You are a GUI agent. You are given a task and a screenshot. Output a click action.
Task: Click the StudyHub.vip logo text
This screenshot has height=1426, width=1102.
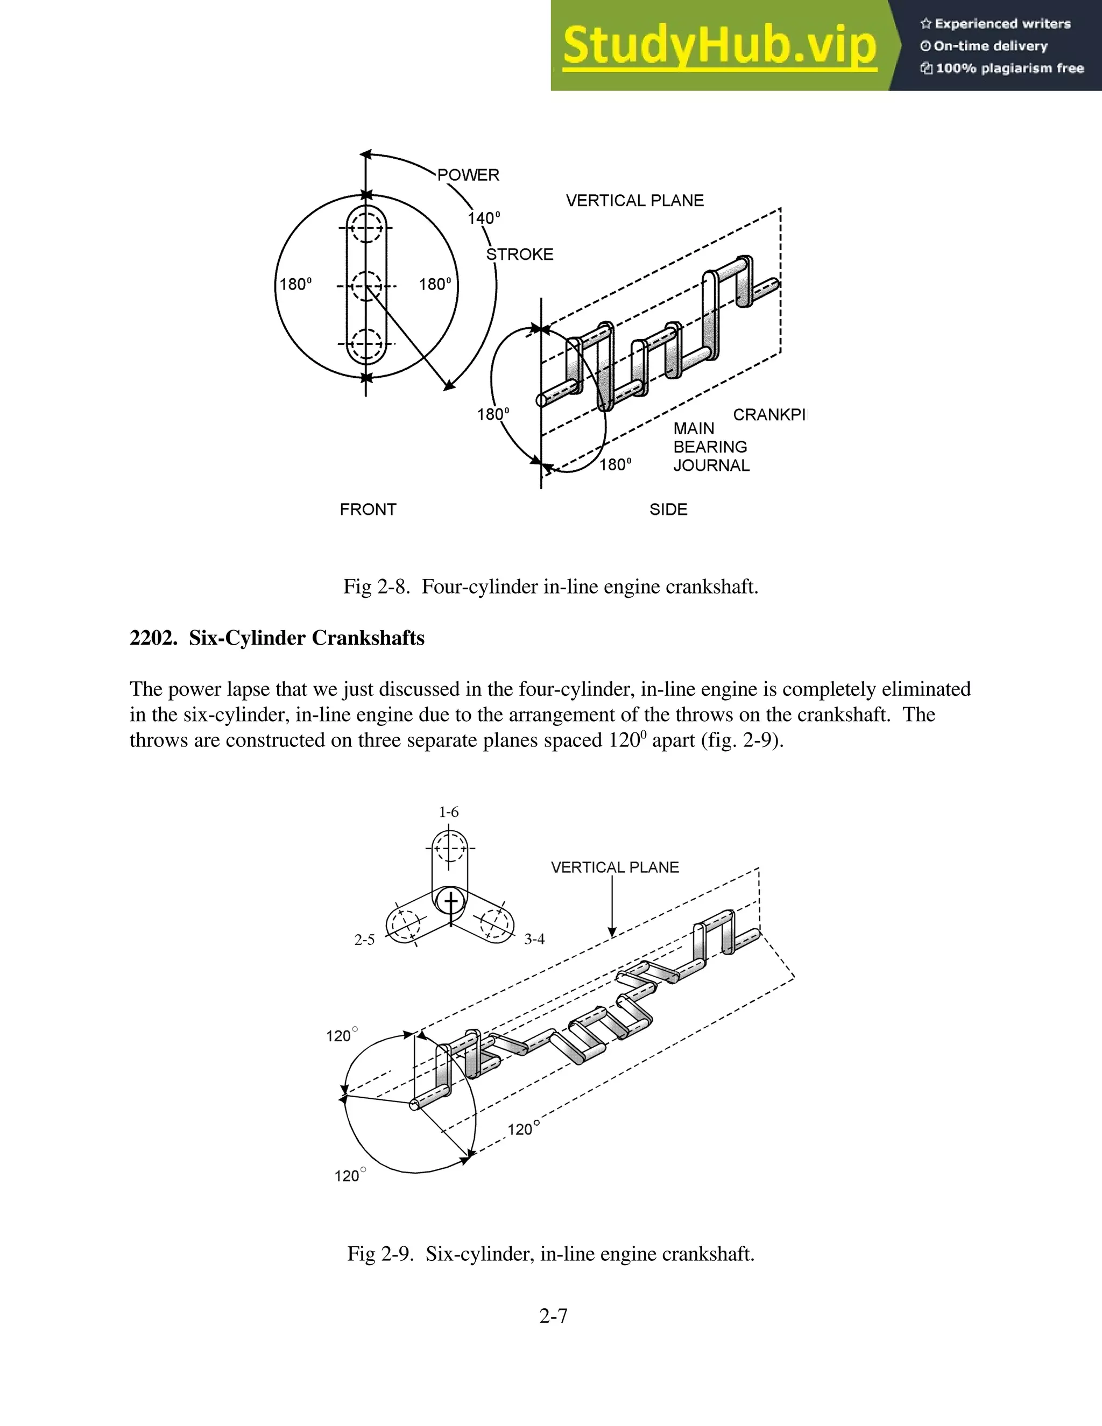click(x=719, y=46)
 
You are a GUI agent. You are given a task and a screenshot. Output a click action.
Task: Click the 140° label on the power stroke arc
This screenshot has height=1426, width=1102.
click(x=484, y=218)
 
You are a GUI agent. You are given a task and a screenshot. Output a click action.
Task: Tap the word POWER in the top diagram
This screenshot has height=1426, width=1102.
click(x=468, y=175)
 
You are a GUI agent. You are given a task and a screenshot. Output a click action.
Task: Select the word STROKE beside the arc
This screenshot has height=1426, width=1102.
click(x=520, y=255)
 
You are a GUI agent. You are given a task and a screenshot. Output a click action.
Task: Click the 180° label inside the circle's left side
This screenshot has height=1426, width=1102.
click(x=296, y=285)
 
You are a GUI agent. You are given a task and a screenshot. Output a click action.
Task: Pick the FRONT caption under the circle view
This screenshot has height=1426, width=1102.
click(x=368, y=509)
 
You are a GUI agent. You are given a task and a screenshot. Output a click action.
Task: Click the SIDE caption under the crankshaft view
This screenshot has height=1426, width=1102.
click(x=668, y=509)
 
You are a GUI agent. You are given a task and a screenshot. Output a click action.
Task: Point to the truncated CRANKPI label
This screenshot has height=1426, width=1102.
click(x=769, y=414)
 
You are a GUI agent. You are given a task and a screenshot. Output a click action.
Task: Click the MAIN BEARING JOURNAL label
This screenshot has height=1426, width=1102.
click(x=711, y=447)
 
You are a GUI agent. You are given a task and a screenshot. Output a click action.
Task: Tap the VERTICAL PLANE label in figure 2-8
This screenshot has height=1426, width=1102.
click(x=634, y=201)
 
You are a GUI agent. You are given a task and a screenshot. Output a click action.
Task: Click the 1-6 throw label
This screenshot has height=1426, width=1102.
click(x=449, y=811)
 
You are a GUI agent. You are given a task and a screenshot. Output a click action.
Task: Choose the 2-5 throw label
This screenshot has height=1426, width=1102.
click(x=364, y=940)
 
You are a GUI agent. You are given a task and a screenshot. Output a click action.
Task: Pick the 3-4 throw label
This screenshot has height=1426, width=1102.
click(x=534, y=939)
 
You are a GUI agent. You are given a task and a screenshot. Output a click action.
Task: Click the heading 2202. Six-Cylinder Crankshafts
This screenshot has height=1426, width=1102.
click(x=277, y=638)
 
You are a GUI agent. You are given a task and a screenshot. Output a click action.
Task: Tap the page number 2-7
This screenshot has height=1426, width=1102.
click(x=553, y=1316)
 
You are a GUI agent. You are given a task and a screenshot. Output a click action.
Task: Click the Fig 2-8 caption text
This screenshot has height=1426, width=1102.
click(x=550, y=587)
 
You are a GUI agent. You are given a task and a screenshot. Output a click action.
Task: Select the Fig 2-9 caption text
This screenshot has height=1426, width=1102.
click(x=550, y=1254)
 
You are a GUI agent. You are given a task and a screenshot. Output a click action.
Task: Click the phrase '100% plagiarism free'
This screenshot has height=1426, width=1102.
click(x=1009, y=68)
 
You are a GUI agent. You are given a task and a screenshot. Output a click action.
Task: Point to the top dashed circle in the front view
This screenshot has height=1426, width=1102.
click(x=366, y=228)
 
